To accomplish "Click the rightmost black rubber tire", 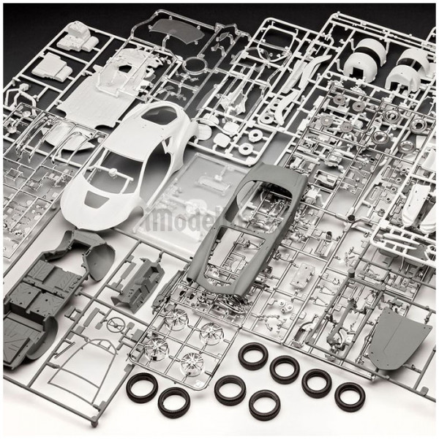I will click(x=349, y=396).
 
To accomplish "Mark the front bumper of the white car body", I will click(x=80, y=209).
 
